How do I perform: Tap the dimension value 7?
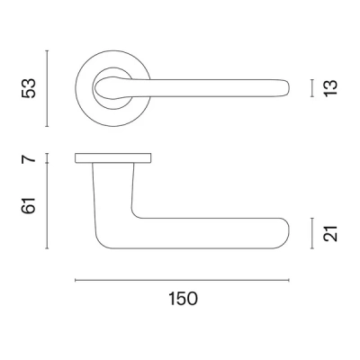click(x=29, y=159)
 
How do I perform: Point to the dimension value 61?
click(x=29, y=207)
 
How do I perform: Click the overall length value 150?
click(x=183, y=298)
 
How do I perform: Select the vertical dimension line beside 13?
click(x=312, y=87)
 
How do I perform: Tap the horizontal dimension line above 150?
click(x=183, y=281)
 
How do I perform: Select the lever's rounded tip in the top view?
click(x=286, y=87)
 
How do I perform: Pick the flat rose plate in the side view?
click(x=113, y=159)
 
